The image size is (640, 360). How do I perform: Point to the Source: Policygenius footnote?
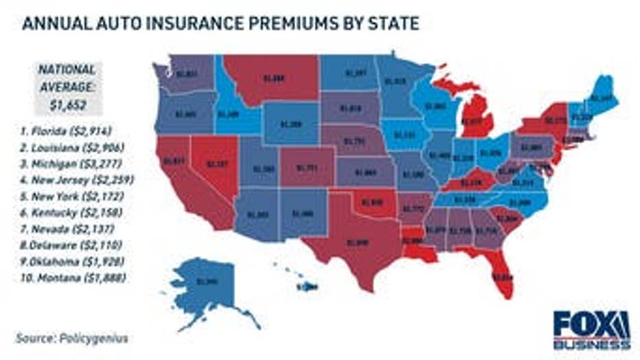pos(72,338)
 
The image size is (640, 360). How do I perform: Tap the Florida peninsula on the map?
pos(502,275)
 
